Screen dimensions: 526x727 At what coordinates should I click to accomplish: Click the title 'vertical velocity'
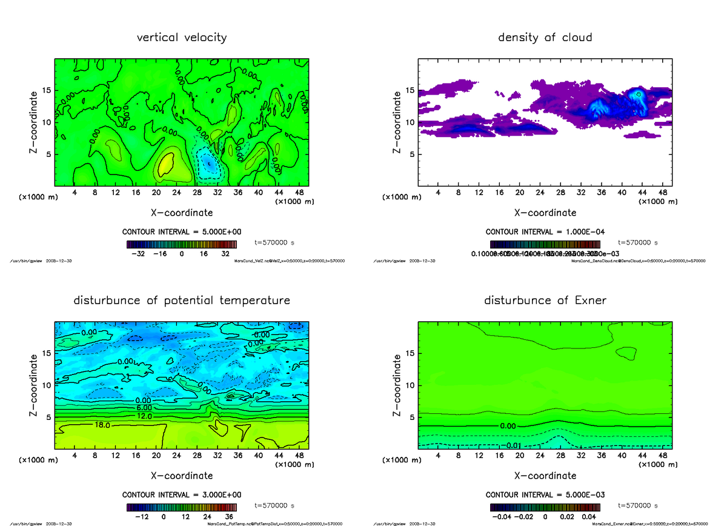coord(182,38)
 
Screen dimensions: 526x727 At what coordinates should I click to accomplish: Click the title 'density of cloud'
coord(545,38)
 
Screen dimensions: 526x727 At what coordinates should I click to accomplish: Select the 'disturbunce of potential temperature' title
coord(182,301)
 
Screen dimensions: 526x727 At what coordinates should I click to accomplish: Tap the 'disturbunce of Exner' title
coord(545,301)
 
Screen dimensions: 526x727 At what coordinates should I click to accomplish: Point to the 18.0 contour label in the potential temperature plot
coord(102,426)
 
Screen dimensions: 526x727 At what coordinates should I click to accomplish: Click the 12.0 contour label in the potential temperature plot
coord(144,416)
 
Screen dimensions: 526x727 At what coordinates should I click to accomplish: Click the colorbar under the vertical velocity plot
coord(182,244)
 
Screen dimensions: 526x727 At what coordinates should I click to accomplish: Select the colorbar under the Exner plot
coord(545,507)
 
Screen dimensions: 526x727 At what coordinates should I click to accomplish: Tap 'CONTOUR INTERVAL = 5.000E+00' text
coord(182,231)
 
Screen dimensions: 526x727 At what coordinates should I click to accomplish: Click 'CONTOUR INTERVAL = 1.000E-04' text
coord(545,231)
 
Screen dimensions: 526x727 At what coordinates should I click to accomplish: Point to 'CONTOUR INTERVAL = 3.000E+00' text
coord(182,494)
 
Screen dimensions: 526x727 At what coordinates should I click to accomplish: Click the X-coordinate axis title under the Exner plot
coord(545,476)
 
